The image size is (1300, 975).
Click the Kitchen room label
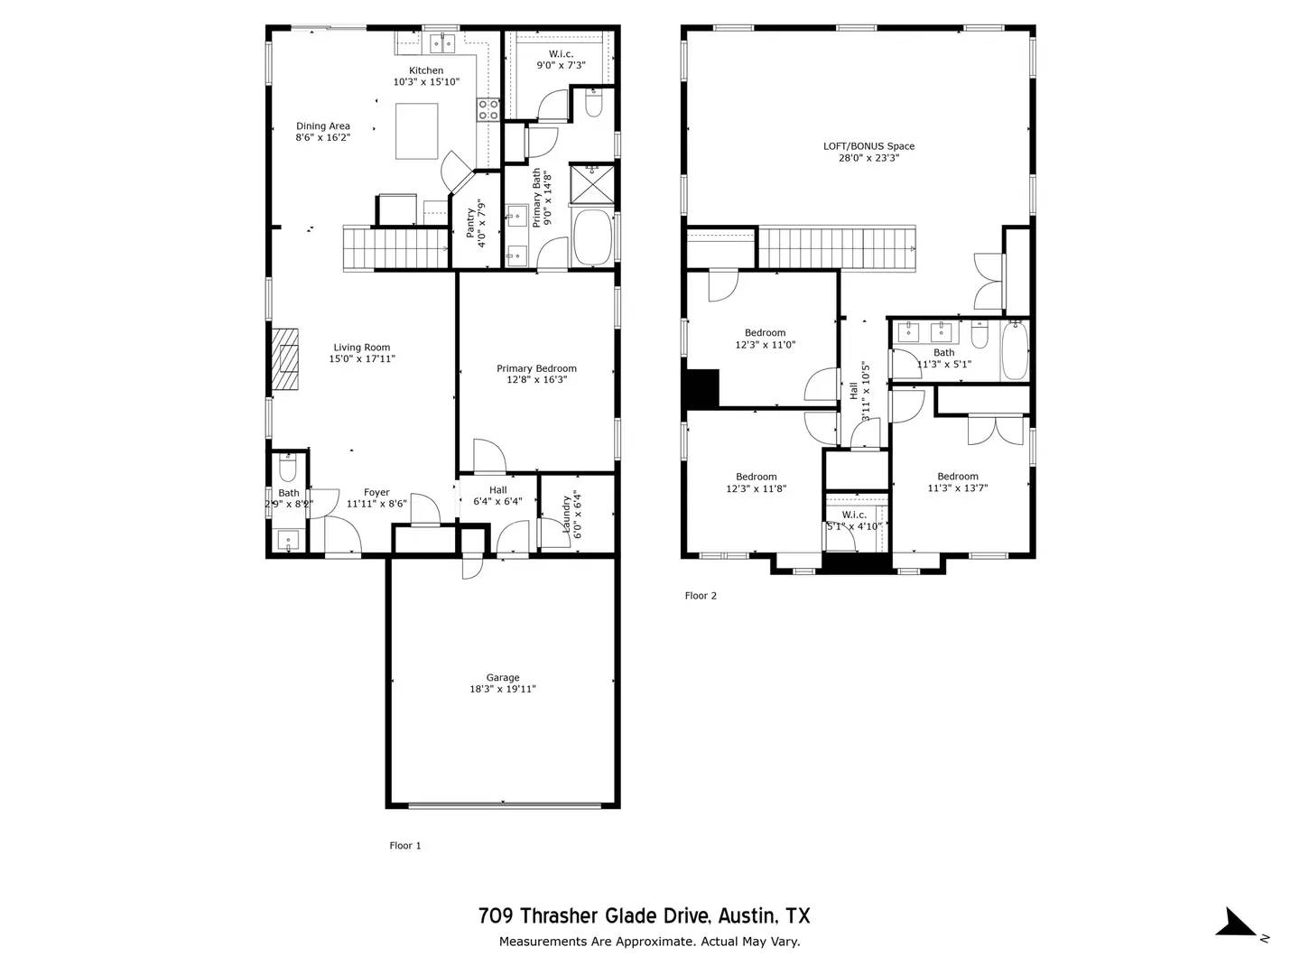click(426, 70)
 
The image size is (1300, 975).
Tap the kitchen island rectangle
click(417, 131)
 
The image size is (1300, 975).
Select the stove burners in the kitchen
click(488, 110)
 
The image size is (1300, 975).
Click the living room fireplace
click(286, 358)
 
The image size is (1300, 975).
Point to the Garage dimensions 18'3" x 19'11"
click(502, 690)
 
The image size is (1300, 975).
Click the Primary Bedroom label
click(536, 368)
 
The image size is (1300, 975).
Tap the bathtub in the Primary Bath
click(592, 237)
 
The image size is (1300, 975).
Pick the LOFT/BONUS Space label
click(868, 146)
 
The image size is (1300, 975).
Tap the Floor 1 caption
click(405, 846)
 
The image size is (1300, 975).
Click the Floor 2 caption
click(701, 596)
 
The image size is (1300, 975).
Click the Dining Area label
click(323, 126)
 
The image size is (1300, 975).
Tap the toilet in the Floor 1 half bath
click(288, 470)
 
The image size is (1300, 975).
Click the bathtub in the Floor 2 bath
click(1015, 351)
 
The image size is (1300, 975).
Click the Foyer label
click(376, 493)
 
